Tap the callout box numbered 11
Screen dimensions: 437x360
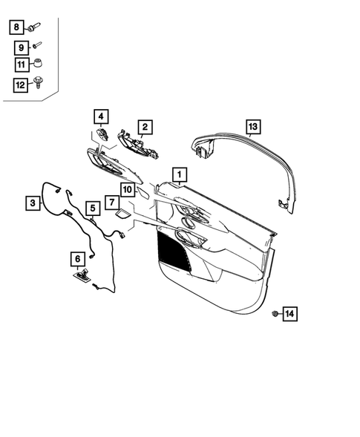tap(19, 66)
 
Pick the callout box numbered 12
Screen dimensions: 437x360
tap(19, 85)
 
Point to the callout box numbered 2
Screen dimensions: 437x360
tap(145, 127)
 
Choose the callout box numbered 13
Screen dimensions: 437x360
tap(252, 127)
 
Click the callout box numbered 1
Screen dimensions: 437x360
tap(179, 174)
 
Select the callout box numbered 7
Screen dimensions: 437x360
tap(110, 202)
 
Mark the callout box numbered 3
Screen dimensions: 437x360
tap(33, 201)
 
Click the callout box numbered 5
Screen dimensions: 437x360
tap(92, 208)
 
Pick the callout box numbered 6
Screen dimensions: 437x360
tap(76, 258)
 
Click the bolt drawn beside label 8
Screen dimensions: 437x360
tap(34, 27)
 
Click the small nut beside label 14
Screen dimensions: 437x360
tap(274, 314)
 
